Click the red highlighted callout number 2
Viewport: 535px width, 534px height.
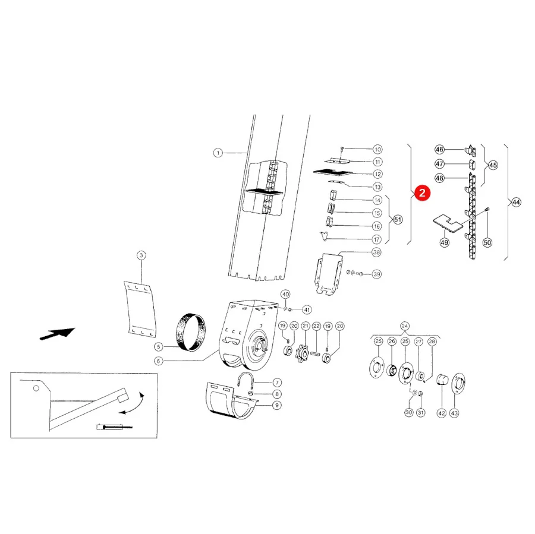tap(422, 193)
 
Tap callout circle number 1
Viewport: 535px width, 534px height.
tap(218, 153)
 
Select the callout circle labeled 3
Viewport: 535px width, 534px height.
tap(141, 255)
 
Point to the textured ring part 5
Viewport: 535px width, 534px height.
tap(190, 332)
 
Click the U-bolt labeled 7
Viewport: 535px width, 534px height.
tap(245, 381)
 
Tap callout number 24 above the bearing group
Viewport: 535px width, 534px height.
tap(405, 326)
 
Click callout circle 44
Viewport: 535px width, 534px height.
tap(516, 202)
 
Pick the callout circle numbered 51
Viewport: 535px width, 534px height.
tap(398, 219)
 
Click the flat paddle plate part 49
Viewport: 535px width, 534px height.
tap(448, 223)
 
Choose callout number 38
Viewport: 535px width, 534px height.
tap(376, 252)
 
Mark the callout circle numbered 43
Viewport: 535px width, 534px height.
tap(454, 413)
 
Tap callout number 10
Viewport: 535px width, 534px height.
tap(377, 149)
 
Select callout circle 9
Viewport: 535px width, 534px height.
tap(276, 405)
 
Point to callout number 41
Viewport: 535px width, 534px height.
tap(307, 309)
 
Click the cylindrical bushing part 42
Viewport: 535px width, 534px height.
tap(442, 379)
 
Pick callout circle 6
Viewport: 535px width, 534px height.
tap(158, 361)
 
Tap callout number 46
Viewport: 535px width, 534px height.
tap(439, 149)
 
